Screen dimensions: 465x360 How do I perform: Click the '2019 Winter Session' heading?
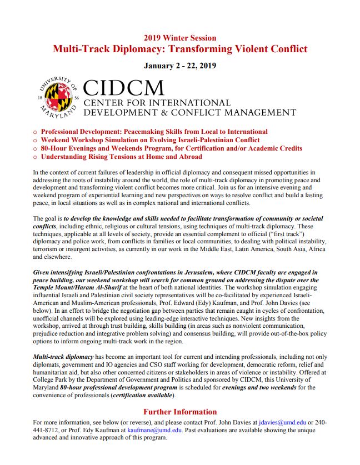179,38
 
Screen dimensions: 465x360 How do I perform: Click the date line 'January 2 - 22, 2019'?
179,66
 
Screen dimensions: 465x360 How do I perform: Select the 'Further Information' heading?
180,412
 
